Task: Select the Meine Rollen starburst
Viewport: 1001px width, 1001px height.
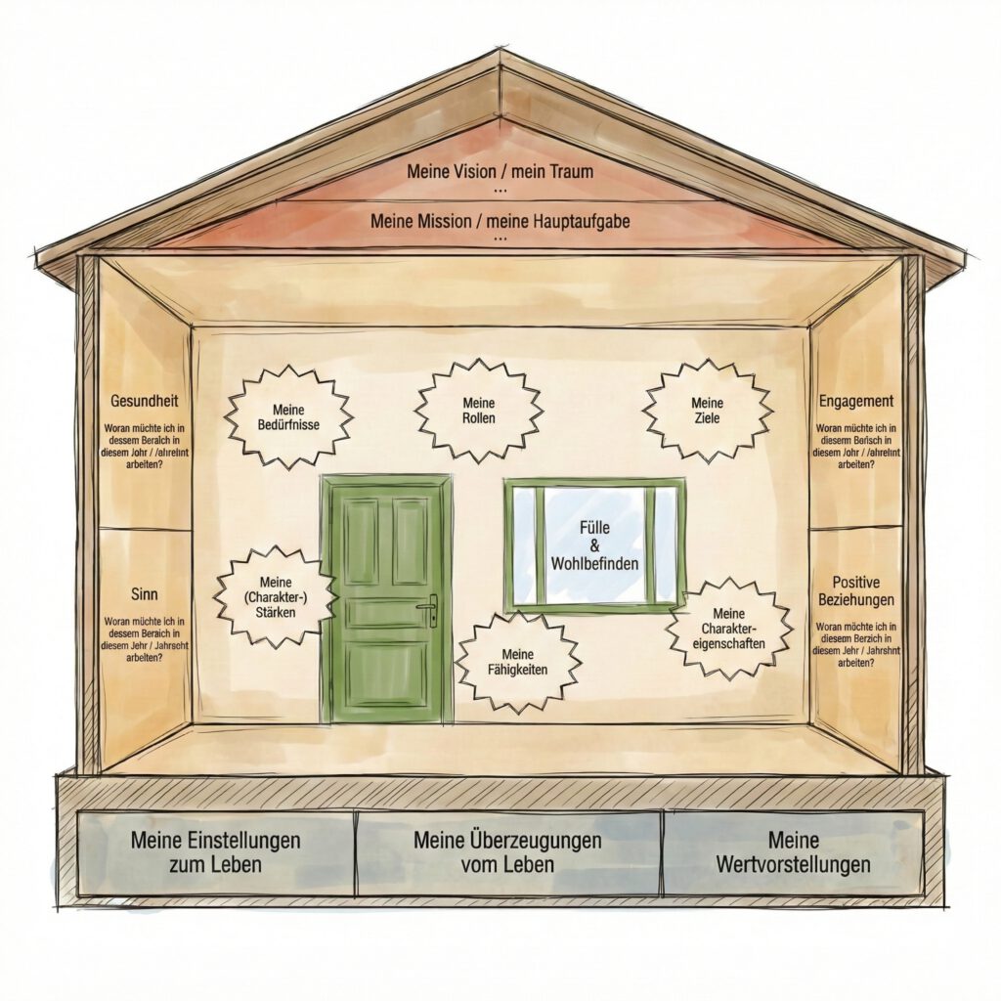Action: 478,411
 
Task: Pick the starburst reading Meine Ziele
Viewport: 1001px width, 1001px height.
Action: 707,411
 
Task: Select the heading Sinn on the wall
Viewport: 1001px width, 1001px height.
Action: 145,593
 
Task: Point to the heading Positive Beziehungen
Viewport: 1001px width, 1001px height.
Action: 857,590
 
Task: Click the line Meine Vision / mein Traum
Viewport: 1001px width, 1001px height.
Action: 500,172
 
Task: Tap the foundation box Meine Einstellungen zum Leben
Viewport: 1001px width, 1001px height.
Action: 215,852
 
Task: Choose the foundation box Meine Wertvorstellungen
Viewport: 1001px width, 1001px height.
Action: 793,852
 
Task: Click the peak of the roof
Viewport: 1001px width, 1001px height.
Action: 500,57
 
